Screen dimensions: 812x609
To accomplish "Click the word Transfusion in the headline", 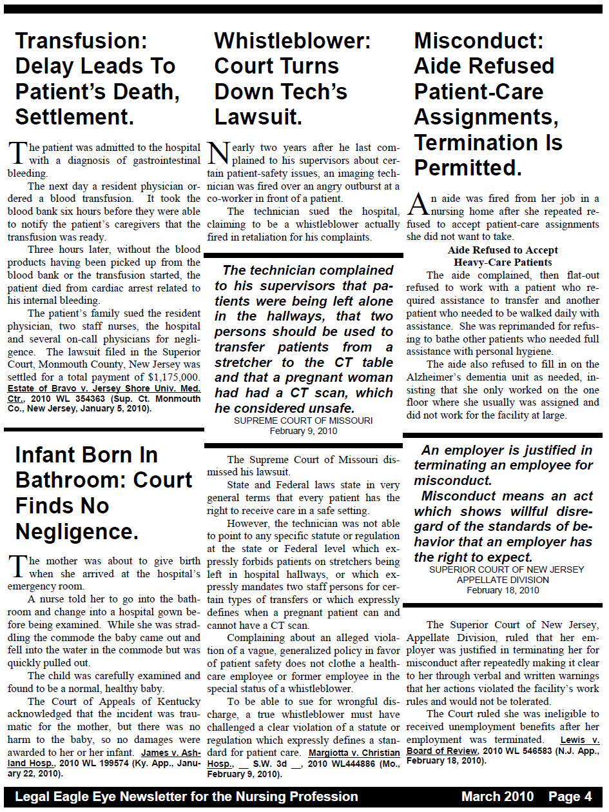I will point(81,41).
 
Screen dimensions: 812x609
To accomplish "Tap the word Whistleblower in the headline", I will point(292,41).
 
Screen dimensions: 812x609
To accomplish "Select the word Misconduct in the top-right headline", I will point(478,41).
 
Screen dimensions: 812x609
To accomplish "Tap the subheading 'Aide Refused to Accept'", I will point(503,250).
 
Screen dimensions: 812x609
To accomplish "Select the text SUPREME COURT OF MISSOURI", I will point(303,421).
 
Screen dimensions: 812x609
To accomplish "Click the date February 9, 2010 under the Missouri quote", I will point(303,431).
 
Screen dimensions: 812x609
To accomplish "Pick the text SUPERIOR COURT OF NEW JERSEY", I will point(506,569).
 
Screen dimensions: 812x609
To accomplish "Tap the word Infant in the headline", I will point(54,455).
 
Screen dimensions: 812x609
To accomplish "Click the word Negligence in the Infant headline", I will point(76,531).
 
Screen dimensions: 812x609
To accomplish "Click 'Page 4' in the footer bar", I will point(570,797).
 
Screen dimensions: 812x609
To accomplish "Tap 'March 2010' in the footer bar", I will point(498,797).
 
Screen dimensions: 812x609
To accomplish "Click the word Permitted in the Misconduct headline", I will point(467,167).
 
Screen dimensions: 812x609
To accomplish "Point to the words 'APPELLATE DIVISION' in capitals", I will point(503,580).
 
